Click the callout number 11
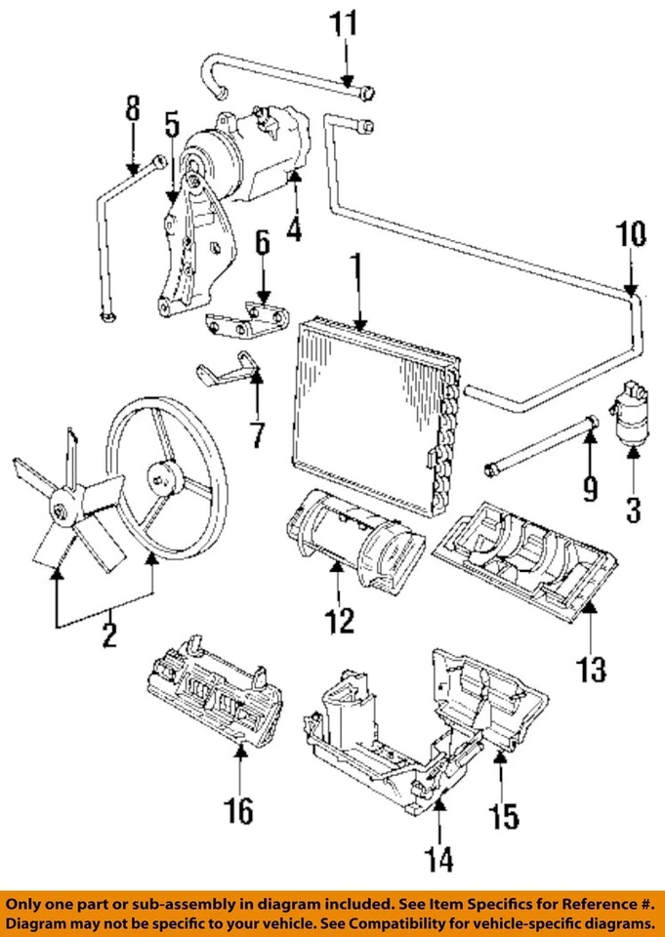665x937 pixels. (x=344, y=23)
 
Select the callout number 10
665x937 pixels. (x=630, y=234)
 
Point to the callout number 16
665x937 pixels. (x=238, y=811)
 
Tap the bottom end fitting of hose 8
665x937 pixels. (x=108, y=315)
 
